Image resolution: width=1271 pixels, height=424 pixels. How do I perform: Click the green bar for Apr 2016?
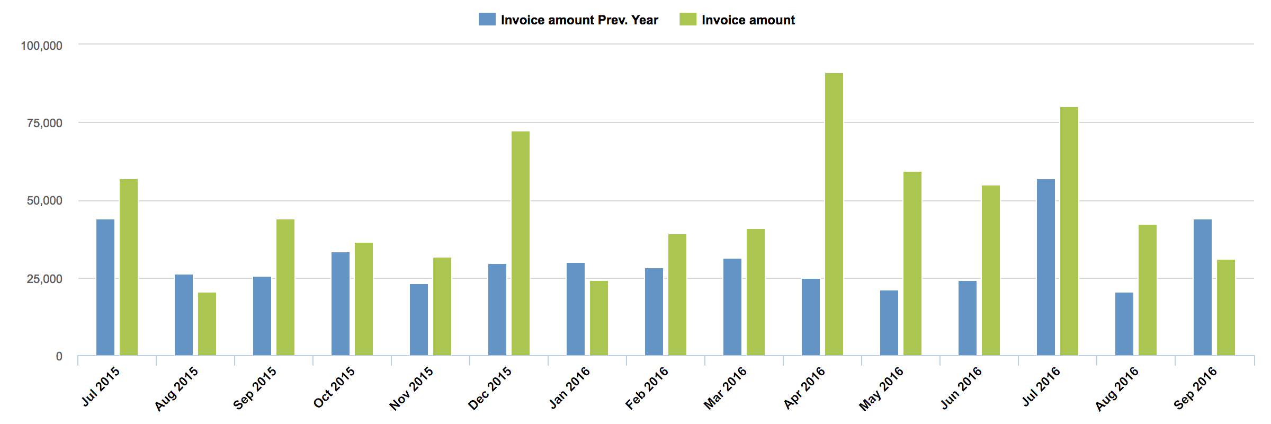(834, 214)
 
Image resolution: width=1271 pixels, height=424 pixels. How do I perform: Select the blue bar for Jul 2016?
(1045, 267)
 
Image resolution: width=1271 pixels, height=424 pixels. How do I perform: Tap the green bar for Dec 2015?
(520, 243)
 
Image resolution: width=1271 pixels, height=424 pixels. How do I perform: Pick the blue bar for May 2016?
(889, 323)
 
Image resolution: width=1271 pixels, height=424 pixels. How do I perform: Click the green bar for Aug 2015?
(207, 324)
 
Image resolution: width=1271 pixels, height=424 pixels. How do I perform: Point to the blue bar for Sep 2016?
(1202, 287)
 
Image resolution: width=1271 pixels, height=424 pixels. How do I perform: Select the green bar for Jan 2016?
(598, 318)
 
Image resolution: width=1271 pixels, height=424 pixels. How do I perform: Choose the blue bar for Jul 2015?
(105, 287)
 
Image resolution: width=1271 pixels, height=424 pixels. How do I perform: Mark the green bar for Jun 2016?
(990, 270)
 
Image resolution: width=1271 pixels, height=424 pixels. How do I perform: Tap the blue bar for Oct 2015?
(341, 304)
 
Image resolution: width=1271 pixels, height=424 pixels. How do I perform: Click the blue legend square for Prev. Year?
(487, 20)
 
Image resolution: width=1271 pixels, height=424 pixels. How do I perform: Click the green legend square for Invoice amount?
(687, 20)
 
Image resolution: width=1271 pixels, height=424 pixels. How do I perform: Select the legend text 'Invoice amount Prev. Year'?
(579, 20)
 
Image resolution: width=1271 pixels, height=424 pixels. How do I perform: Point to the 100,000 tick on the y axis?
(41, 46)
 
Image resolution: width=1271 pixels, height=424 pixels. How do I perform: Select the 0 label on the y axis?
(59, 357)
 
